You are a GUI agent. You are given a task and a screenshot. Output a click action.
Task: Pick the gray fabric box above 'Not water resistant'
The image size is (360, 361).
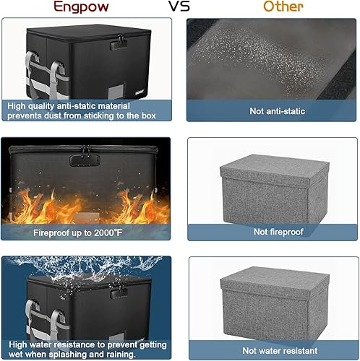click(271, 300)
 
